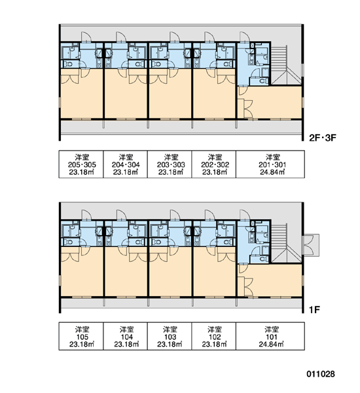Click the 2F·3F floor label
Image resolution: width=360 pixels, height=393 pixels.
tap(323, 138)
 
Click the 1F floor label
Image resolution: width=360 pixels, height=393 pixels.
tap(314, 310)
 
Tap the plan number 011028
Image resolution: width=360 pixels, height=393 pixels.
tap(321, 374)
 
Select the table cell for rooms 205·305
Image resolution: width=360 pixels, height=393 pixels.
tap(81, 164)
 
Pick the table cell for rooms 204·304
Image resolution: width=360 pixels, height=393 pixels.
tap(125, 164)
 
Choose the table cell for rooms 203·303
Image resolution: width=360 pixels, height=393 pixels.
tap(170, 164)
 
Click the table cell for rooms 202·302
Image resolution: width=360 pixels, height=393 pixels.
tap(213, 164)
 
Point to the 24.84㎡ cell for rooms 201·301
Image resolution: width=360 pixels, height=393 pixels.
tap(270, 164)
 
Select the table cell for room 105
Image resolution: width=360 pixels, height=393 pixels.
tap(81, 336)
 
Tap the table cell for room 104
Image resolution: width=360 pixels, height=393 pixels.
tap(125, 336)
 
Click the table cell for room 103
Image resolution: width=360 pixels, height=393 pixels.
tap(170, 336)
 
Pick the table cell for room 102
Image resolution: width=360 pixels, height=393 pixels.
tap(213, 336)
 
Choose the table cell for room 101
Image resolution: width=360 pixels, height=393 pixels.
tap(270, 336)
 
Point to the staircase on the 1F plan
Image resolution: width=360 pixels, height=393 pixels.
tap(286, 243)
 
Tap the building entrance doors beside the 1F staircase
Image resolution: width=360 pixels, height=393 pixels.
tap(311, 245)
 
